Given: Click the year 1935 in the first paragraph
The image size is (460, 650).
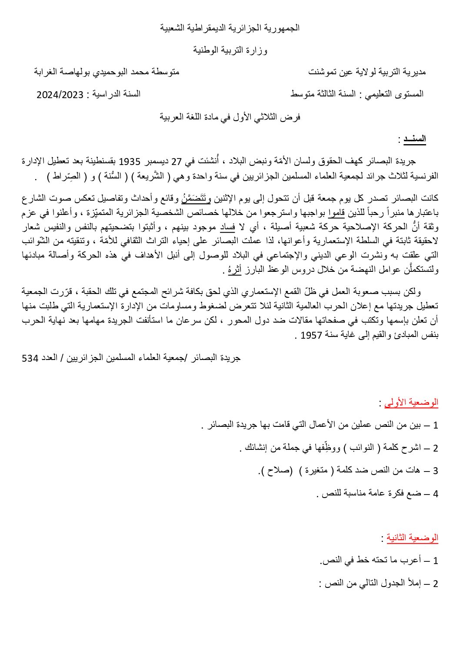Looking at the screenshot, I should pyautogui.click(x=129, y=162).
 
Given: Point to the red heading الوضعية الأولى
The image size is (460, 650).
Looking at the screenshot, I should pyautogui.click(x=411, y=403).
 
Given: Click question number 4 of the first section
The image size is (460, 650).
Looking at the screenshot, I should pyautogui.click(x=435, y=494).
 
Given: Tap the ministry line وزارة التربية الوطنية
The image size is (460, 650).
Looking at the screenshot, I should pyautogui.click(x=230, y=51).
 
